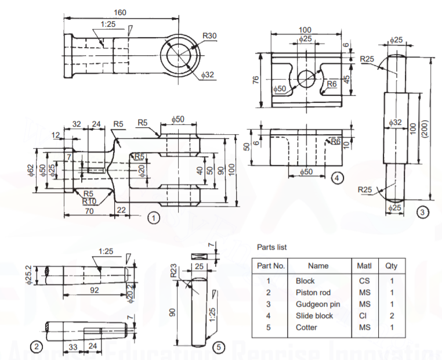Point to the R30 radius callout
click(x=209, y=36)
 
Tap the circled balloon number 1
click(x=153, y=218)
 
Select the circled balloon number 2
click(x=37, y=347)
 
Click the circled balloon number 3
click(x=423, y=213)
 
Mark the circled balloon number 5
click(x=218, y=347)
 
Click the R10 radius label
click(x=89, y=201)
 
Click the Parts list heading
click(x=271, y=247)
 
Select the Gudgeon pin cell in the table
click(x=318, y=304)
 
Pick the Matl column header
click(x=363, y=266)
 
